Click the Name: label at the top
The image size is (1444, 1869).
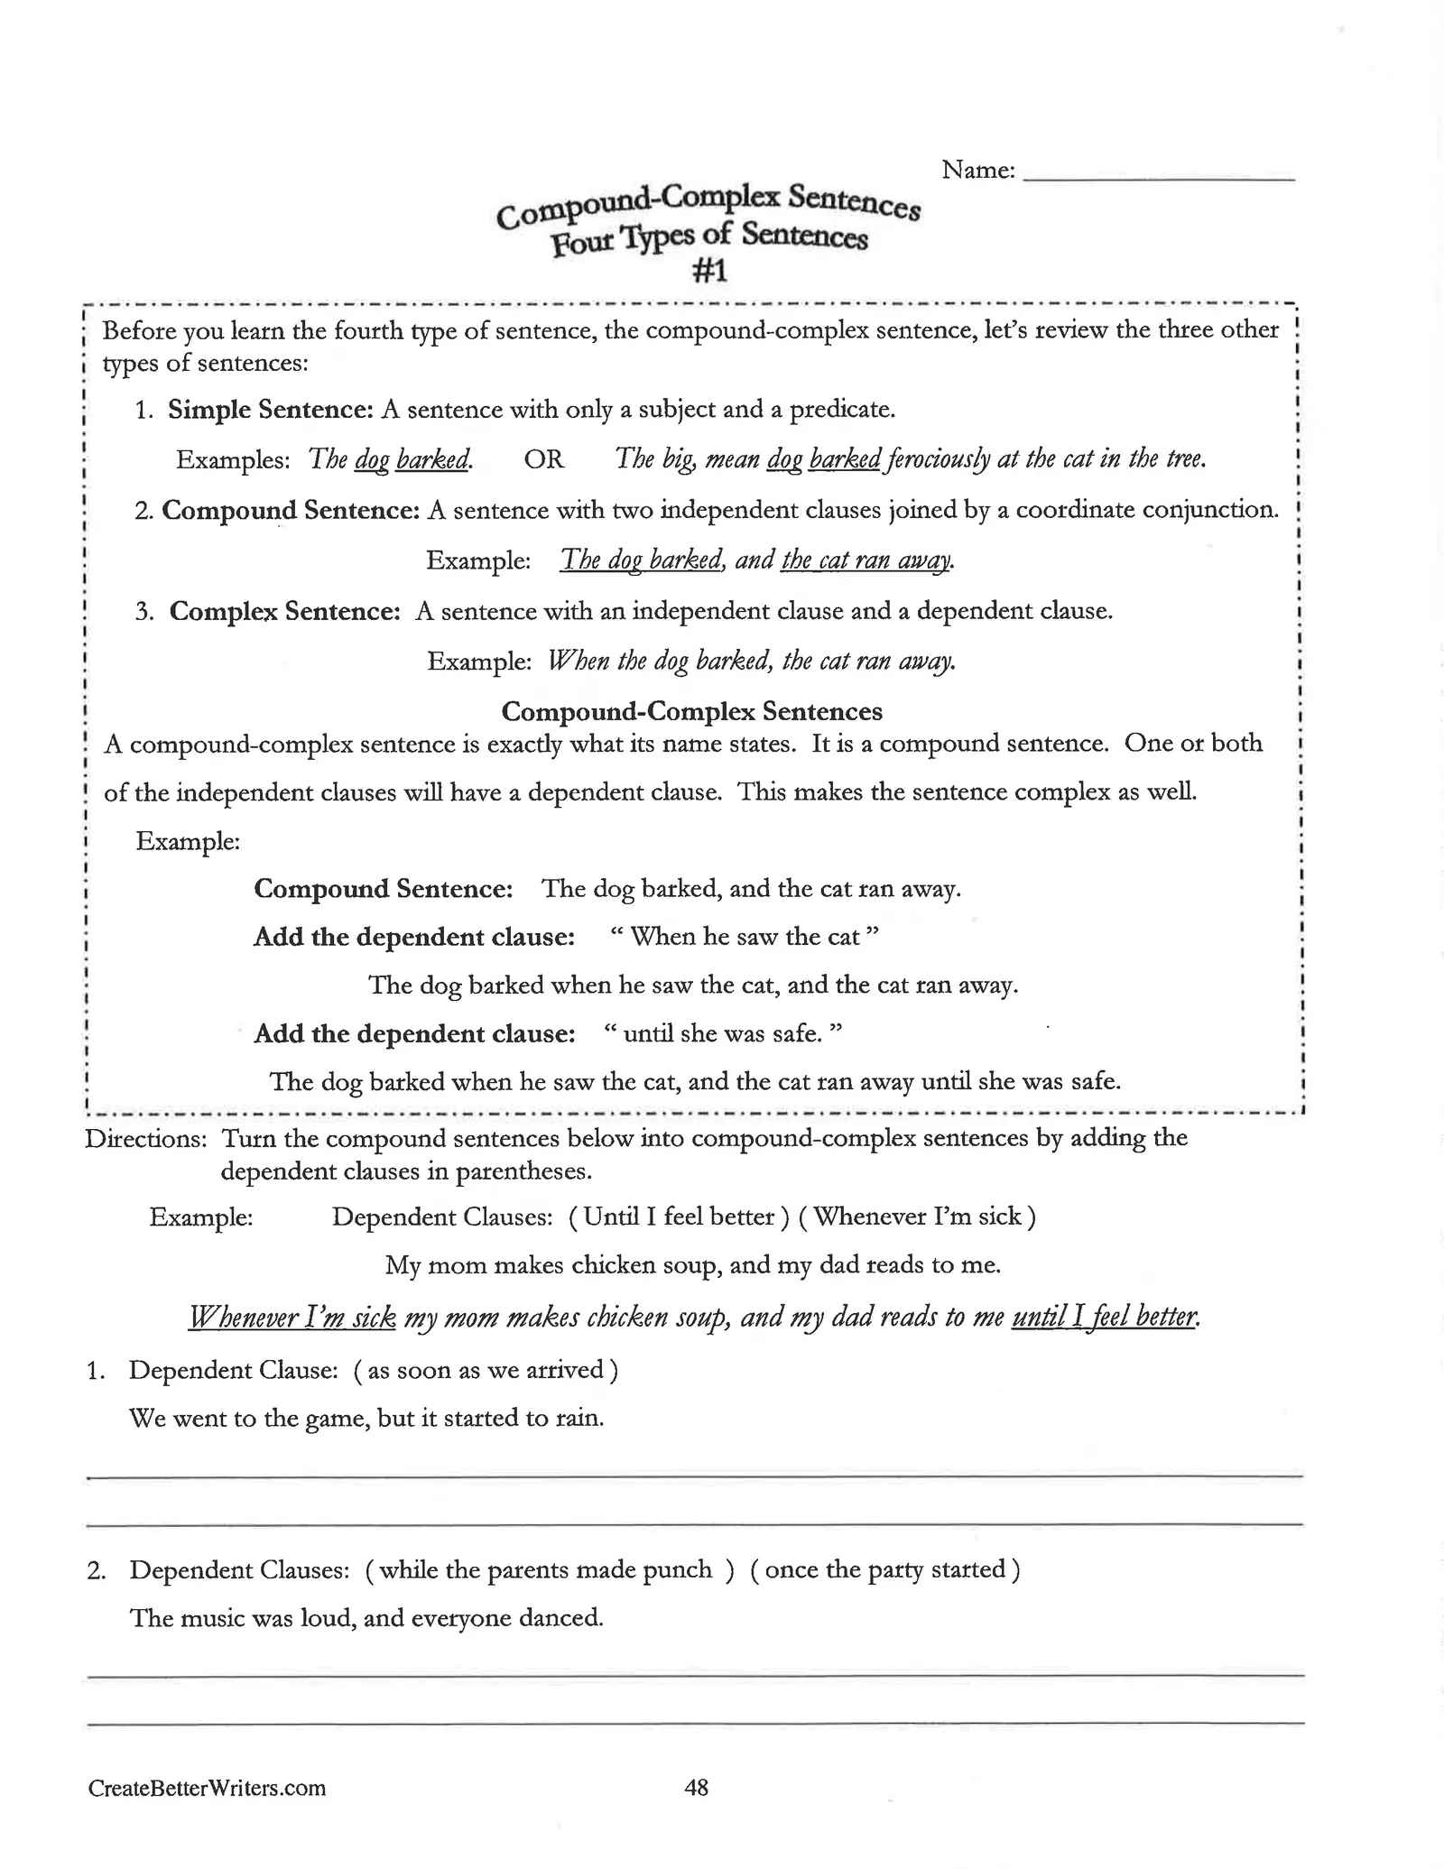pyautogui.click(x=977, y=170)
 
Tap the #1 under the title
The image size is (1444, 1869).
pyautogui.click(x=708, y=271)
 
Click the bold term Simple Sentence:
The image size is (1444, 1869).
pyautogui.click(x=271, y=410)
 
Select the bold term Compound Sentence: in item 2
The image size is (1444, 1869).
pyautogui.click(x=291, y=511)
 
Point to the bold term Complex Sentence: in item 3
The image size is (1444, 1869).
pyautogui.click(x=284, y=612)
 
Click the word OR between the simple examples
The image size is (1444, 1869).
pyautogui.click(x=544, y=459)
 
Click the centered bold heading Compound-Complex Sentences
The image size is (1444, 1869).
pyautogui.click(x=691, y=712)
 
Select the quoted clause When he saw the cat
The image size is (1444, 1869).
pyautogui.click(x=745, y=937)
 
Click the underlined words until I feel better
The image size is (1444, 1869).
pyautogui.click(x=1106, y=1318)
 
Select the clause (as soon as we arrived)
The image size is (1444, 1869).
pyautogui.click(x=486, y=1370)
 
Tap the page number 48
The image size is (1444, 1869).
pyautogui.click(x=697, y=1787)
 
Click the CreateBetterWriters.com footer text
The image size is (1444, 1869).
pyautogui.click(x=207, y=1789)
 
